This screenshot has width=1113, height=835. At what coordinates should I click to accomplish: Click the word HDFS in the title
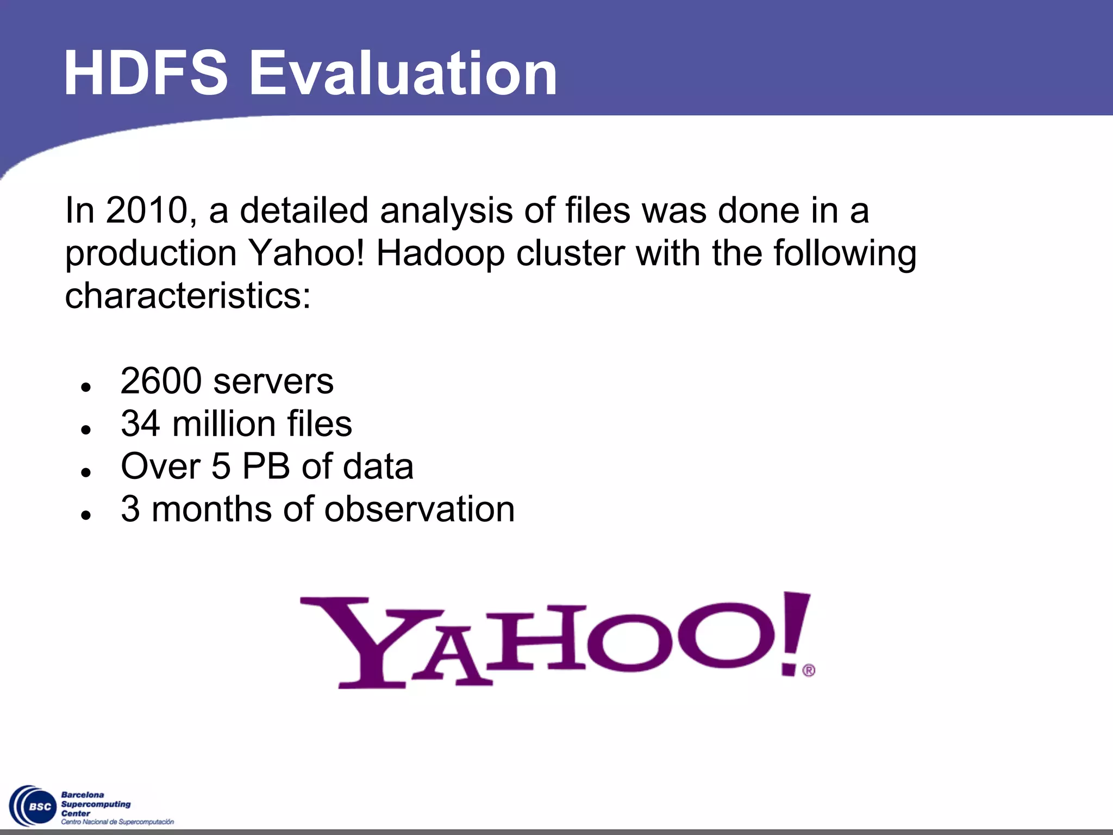click(145, 73)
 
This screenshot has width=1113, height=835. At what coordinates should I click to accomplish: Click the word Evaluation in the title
click(403, 73)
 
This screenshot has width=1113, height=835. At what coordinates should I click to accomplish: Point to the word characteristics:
click(187, 296)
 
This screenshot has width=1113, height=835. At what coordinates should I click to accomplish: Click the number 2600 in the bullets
click(161, 381)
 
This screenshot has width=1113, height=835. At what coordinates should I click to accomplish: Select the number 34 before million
click(140, 424)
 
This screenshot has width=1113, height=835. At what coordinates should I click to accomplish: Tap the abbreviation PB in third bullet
click(266, 466)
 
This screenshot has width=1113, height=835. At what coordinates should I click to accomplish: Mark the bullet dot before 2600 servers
click(85, 387)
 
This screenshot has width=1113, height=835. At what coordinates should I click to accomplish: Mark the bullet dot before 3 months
click(85, 515)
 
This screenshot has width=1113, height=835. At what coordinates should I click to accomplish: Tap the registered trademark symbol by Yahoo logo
click(809, 670)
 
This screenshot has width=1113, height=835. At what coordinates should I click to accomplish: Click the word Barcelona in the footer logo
click(83, 795)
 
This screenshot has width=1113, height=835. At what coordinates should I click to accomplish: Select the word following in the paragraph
click(845, 254)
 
